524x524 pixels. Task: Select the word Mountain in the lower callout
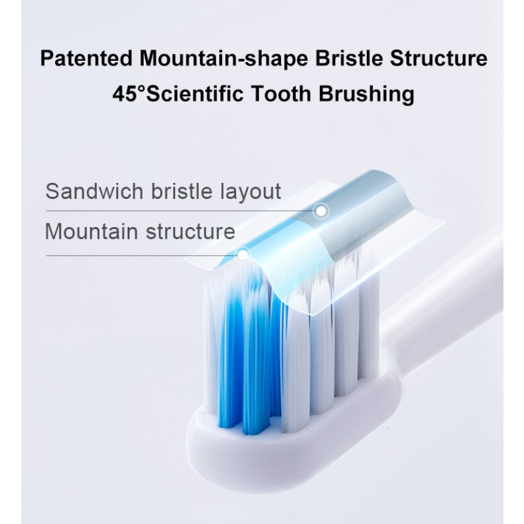point(92,231)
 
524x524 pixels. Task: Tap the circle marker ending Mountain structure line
point(242,255)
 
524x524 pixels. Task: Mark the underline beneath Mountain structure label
point(141,255)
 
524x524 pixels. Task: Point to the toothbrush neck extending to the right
point(449,301)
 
